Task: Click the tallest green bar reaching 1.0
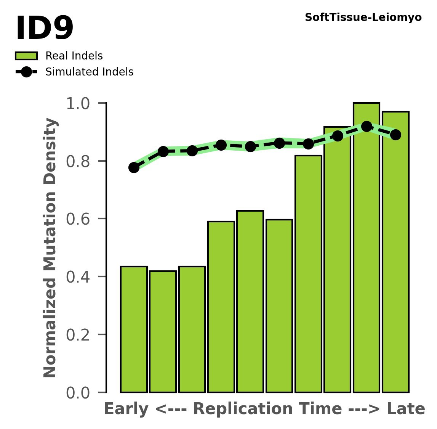[x=366, y=248]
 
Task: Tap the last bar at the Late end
[x=395, y=252]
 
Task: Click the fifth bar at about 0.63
[x=250, y=301]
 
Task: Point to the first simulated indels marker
[x=134, y=168]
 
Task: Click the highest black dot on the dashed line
[x=367, y=126]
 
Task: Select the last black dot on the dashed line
[x=395, y=135]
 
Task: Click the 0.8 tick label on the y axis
[x=78, y=161]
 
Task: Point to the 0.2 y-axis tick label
[x=78, y=335]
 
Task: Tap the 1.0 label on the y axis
[x=78, y=104]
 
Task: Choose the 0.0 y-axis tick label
[x=78, y=393]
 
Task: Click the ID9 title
[x=44, y=29]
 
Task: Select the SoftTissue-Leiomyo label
[x=363, y=18]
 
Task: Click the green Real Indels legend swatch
[x=26, y=56]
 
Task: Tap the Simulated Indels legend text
[x=89, y=72]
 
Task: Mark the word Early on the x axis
[x=126, y=409]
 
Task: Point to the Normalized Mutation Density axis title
[x=50, y=248]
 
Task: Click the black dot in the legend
[x=26, y=72]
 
